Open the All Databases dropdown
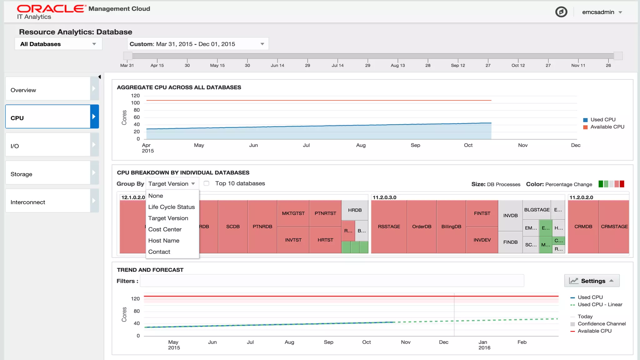point(58,44)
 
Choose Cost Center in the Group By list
point(165,229)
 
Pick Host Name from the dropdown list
point(164,241)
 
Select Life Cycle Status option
point(171,207)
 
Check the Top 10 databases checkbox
point(207,183)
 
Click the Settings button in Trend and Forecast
point(592,281)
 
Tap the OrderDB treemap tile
point(422,227)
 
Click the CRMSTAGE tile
point(614,227)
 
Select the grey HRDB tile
point(355,210)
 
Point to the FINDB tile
point(510,242)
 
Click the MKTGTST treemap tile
point(293,213)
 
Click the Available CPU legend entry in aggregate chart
point(607,127)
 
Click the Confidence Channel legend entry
point(601,324)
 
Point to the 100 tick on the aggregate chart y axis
point(135,103)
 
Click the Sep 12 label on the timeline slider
point(458,65)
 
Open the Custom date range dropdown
point(197,44)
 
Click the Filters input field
point(332,281)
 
